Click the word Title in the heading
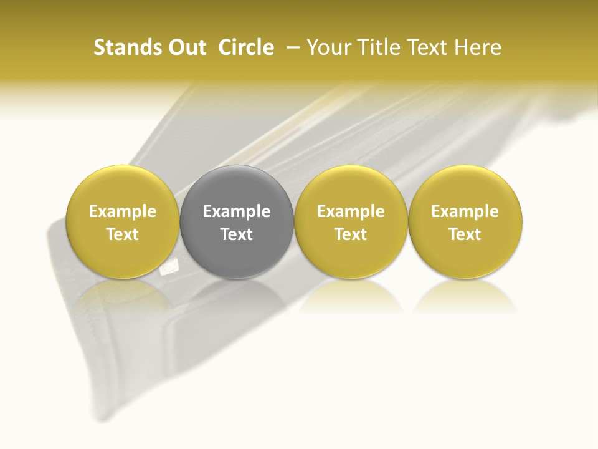pos(376,47)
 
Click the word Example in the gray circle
pos(237,211)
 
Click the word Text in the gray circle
pos(237,234)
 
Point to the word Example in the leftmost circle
pos(122,211)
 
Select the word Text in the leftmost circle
pos(122,234)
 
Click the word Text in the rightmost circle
pos(465,234)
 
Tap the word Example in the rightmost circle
pos(465,211)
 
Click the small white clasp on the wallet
pos(169,268)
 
